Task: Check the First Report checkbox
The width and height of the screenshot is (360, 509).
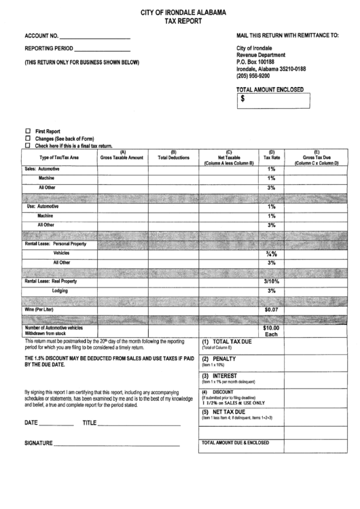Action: (x=28, y=130)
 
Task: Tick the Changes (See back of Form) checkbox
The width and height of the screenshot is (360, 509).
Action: (x=28, y=138)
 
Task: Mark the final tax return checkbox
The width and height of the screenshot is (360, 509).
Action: (x=28, y=145)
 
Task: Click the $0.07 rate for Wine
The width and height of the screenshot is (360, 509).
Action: (x=272, y=309)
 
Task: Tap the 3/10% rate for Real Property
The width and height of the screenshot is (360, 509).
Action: (x=272, y=281)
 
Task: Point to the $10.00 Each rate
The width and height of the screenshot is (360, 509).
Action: (x=272, y=330)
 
